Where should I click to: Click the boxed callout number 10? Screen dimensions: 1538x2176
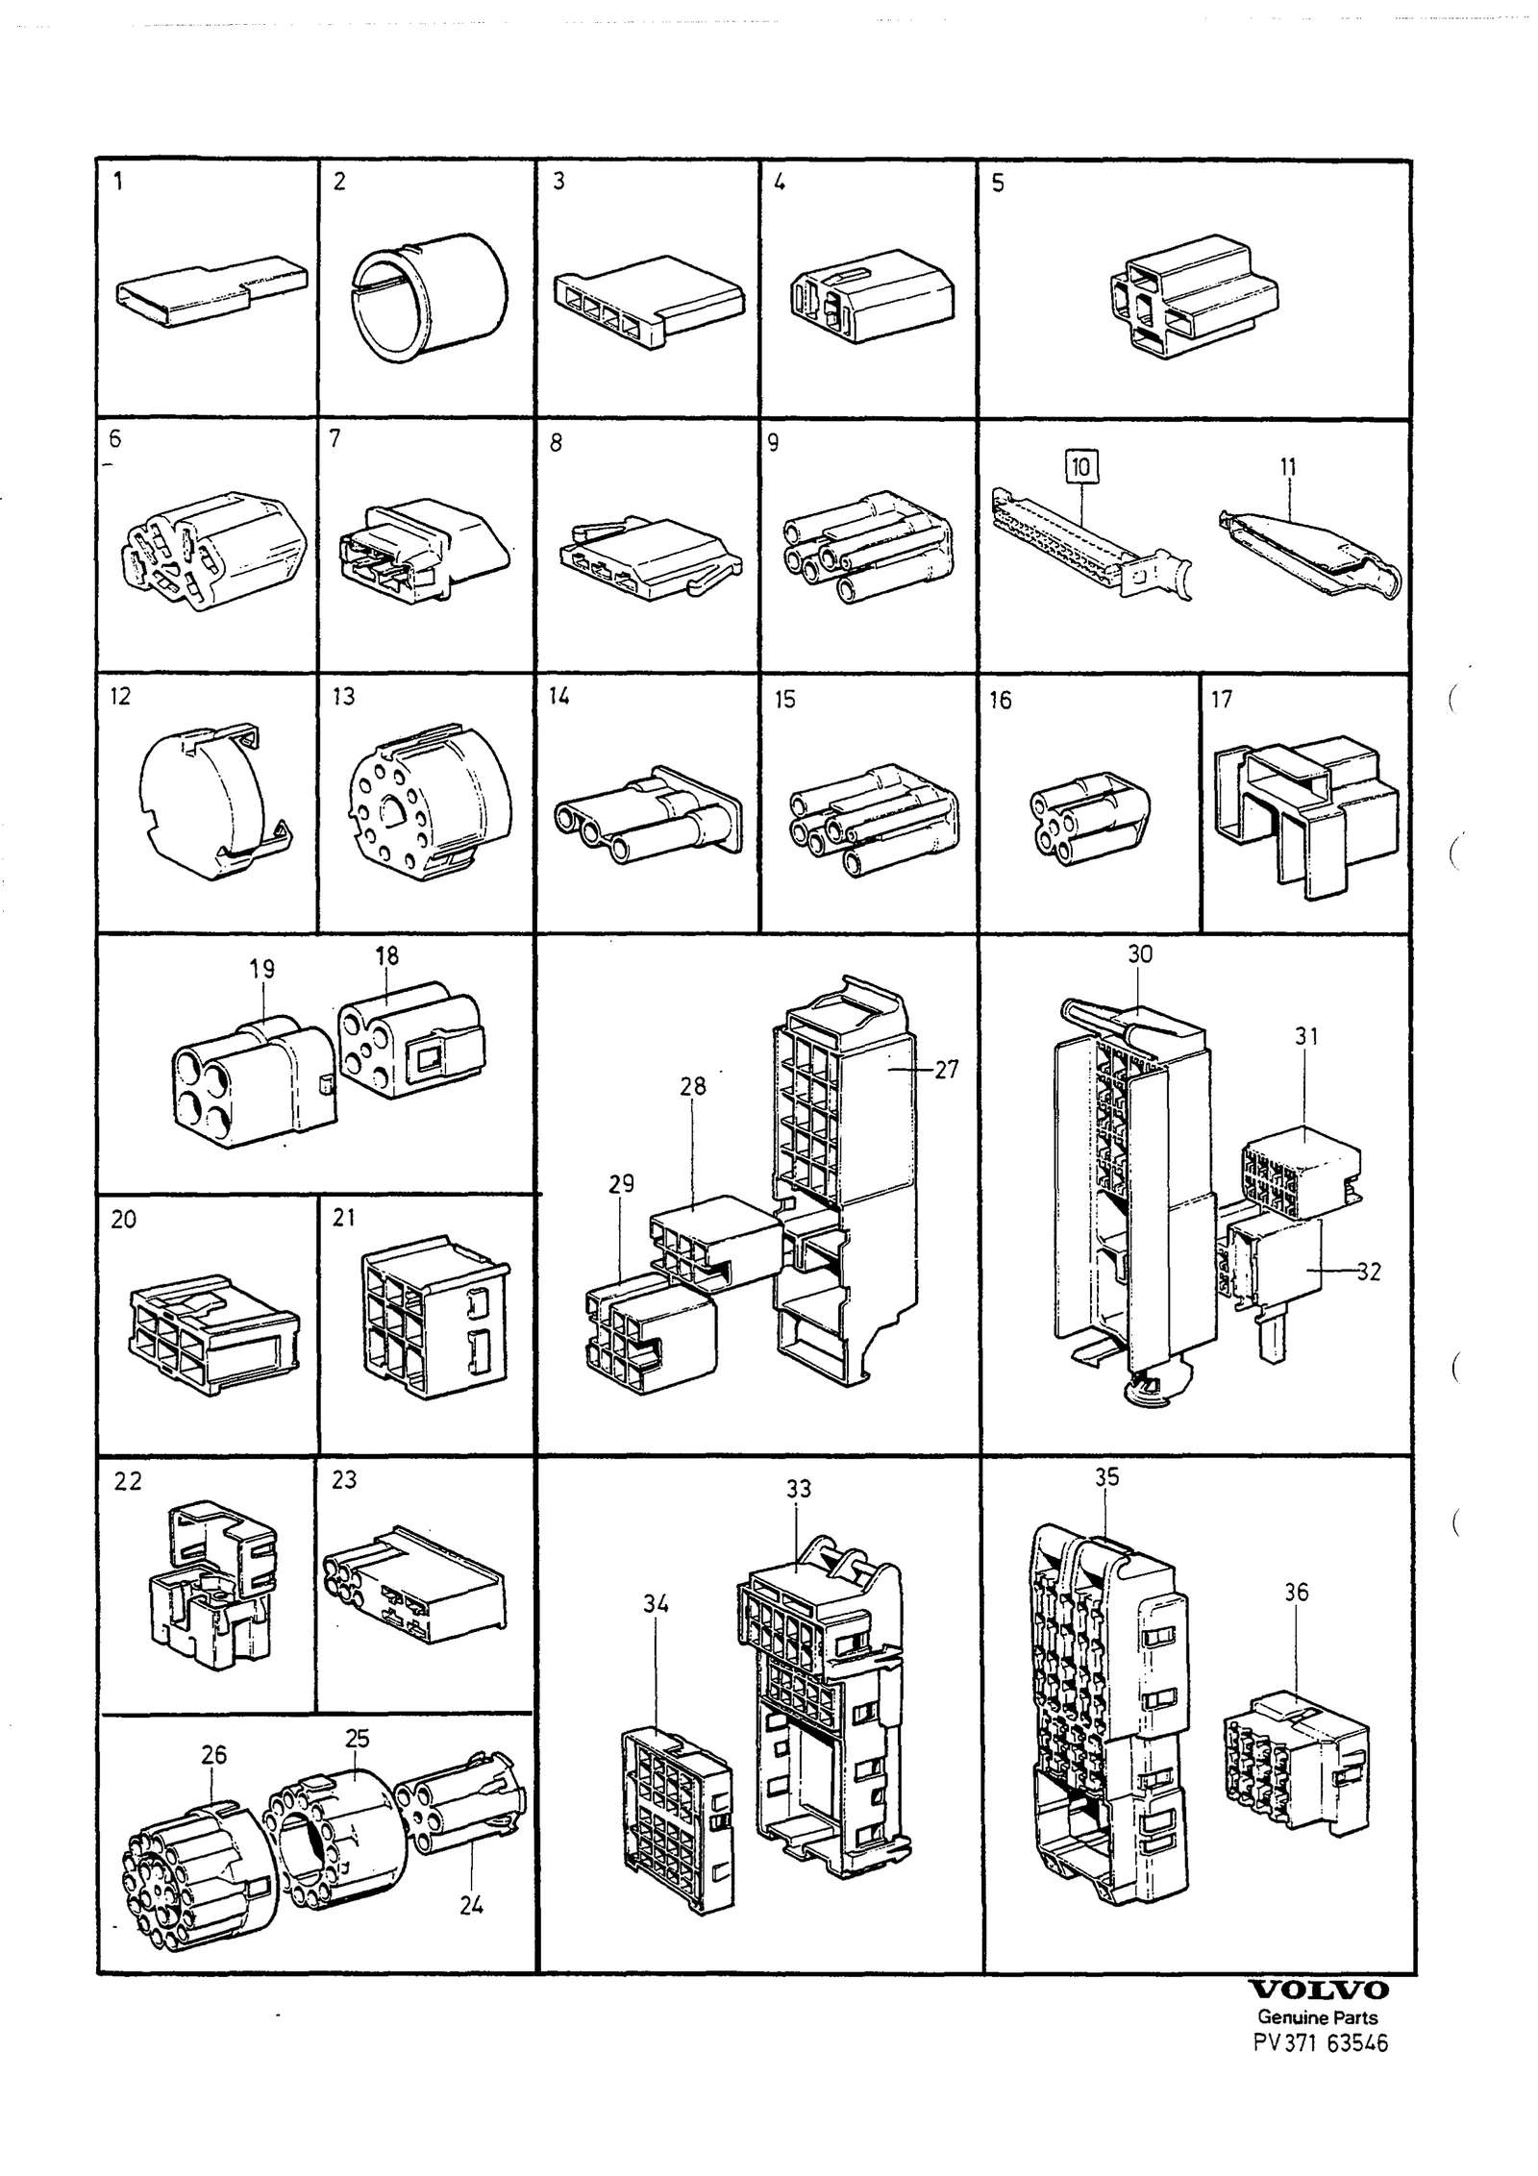point(1081,467)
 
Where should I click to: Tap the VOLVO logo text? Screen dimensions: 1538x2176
point(1318,1990)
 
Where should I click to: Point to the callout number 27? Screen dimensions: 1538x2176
point(947,1070)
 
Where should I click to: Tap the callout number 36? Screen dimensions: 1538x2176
point(1297,1593)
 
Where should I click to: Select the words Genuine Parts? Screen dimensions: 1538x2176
point(1318,2017)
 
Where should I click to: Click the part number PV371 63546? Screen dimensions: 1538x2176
point(1321,2043)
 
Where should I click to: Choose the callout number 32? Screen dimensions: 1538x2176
point(1369,1272)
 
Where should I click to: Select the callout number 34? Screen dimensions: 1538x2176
point(657,1604)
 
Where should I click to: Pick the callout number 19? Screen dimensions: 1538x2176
point(262,969)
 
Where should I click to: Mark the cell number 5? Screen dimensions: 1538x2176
point(998,183)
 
